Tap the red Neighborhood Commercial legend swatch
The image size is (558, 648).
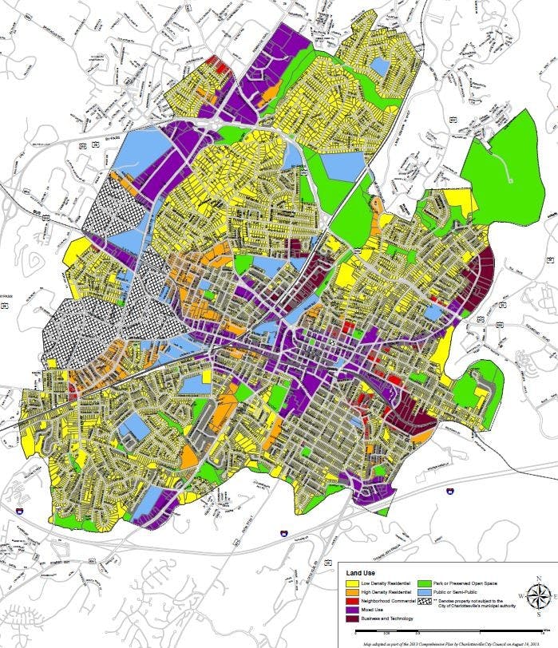(x=350, y=601)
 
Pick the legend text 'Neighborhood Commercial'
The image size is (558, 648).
(x=388, y=601)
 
